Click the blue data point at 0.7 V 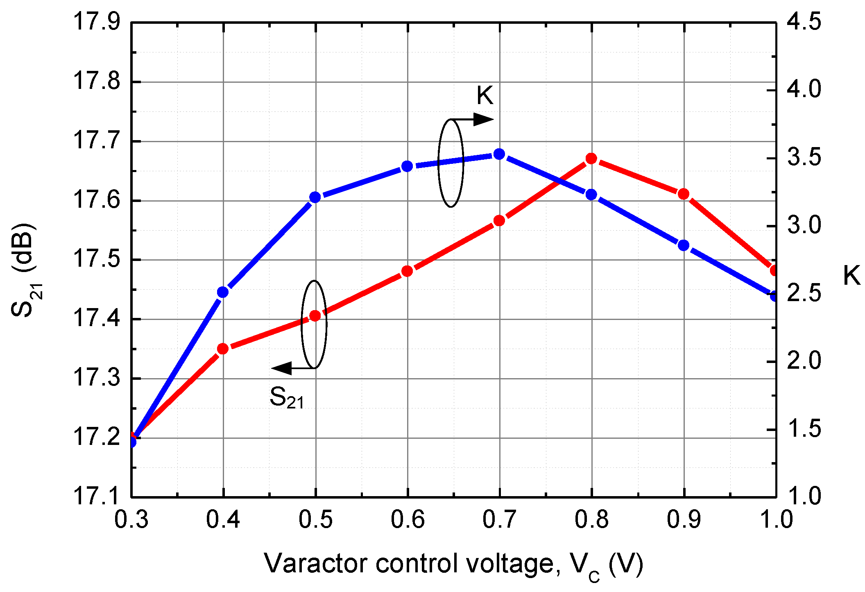pos(499,154)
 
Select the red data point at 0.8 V pos(591,159)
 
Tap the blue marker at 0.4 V pos(223,292)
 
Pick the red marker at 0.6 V pos(407,271)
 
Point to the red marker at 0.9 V pos(683,194)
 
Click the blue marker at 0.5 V pos(315,197)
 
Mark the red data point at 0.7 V pos(499,220)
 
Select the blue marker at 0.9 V pos(683,245)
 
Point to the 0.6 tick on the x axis pos(407,519)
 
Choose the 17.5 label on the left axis pos(97,260)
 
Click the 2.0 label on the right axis pos(804,361)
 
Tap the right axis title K pos(851,275)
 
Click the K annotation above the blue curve pos(485,95)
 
